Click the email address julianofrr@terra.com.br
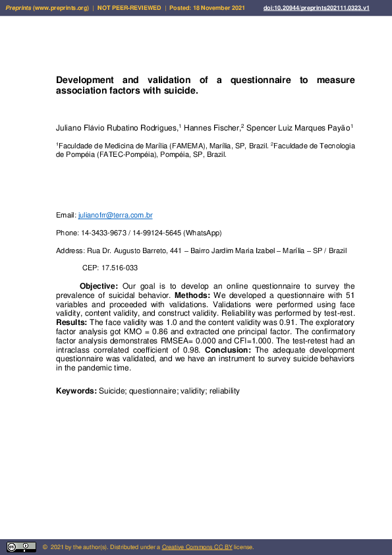(115, 216)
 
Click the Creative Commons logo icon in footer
(21, 547)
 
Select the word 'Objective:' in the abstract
(99, 286)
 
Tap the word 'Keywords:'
(76, 391)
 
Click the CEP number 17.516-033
(119, 268)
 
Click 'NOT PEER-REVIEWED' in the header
(129, 8)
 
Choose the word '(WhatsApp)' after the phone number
(202, 233)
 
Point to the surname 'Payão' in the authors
(340, 127)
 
